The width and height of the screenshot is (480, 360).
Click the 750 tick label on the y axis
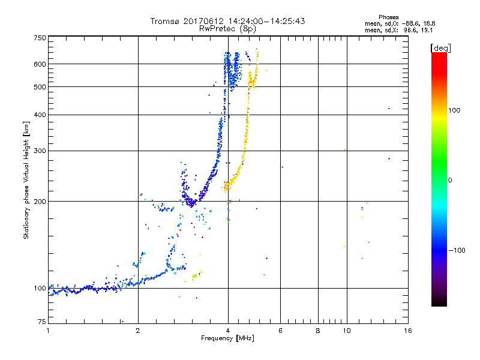(40, 38)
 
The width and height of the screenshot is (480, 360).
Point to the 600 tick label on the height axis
(40, 64)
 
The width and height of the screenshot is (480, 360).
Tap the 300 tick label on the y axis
(40, 151)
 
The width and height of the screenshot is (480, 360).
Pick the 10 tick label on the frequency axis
(346, 331)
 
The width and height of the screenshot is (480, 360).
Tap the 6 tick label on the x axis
(281, 331)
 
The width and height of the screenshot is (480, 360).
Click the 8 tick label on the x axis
(318, 331)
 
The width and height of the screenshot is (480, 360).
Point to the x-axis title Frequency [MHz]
(228, 338)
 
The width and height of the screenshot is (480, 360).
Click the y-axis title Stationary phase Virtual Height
(26, 180)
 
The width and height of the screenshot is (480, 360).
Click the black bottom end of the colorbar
(439, 303)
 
